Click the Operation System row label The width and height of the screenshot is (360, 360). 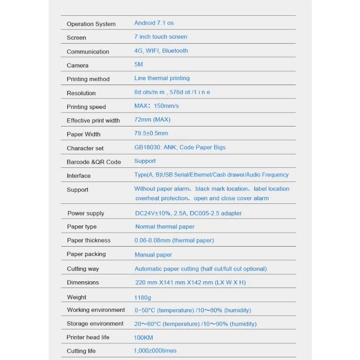tap(91, 24)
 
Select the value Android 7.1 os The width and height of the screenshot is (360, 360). tap(154, 23)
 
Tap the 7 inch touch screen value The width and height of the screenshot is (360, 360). tap(161, 37)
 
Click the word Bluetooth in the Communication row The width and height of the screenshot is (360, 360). tap(175, 51)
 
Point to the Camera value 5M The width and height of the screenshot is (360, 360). tap(139, 64)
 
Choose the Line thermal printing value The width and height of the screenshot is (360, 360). tap(162, 78)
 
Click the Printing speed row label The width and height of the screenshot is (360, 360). tap(86, 107)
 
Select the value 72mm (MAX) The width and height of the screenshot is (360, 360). tap(152, 120)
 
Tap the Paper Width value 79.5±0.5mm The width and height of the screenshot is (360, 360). tap(151, 133)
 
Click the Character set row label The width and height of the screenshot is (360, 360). tap(85, 148)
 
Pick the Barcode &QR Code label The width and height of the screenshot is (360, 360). tap(94, 162)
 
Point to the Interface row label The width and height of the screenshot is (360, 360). tap(79, 176)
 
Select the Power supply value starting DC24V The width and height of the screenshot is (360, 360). tap(189, 213)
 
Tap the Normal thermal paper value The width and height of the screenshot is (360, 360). tap(165, 227)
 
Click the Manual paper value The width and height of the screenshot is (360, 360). tap(153, 255)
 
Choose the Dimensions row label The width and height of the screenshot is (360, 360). tap(83, 283)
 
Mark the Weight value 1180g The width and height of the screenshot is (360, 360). tap(143, 297)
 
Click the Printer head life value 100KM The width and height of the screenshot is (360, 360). tap(144, 337)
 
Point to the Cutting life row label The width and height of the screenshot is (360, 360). tap(81, 351)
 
